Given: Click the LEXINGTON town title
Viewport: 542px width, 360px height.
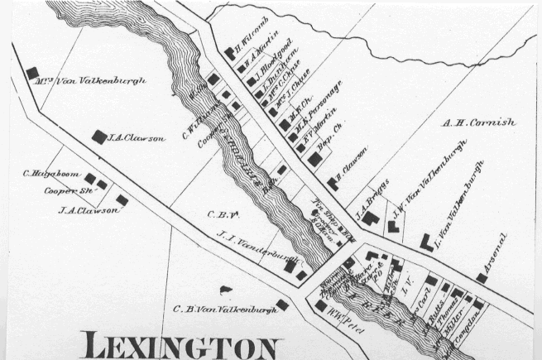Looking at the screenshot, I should (x=184, y=346).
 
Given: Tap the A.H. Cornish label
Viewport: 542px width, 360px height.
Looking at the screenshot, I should (x=479, y=122).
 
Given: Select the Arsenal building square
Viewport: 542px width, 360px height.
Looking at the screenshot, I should (x=482, y=278).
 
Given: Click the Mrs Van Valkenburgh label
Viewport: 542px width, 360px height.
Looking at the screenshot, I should (x=91, y=81).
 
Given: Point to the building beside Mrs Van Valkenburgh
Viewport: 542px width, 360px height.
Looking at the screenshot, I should (x=34, y=73).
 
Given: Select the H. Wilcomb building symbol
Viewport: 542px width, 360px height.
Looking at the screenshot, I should (x=229, y=53).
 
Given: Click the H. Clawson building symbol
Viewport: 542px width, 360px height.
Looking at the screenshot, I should (x=332, y=183).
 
